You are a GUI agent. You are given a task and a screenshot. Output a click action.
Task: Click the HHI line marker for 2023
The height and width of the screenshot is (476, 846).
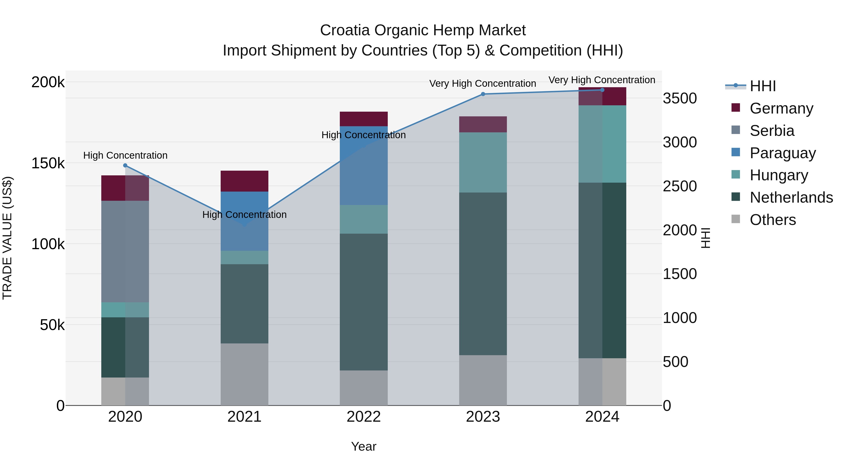tap(483, 94)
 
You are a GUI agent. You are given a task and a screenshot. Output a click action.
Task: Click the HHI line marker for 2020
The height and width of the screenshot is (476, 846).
tap(125, 165)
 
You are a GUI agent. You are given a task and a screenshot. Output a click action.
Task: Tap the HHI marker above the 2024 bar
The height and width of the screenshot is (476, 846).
tap(602, 90)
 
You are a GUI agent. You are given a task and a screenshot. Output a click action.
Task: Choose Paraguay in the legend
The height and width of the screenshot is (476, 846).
tap(782, 153)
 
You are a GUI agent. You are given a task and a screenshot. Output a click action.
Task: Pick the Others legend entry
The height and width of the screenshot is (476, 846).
tap(772, 220)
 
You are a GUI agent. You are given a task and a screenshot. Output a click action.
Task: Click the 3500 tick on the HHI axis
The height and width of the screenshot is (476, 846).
tap(679, 98)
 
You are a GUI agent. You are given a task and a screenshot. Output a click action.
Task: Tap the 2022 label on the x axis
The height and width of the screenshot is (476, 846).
tap(364, 417)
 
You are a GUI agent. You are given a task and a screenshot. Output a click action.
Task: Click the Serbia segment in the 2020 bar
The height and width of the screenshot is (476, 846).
tap(125, 251)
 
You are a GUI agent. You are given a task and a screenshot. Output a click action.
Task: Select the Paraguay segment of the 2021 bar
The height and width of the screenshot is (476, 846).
tap(244, 221)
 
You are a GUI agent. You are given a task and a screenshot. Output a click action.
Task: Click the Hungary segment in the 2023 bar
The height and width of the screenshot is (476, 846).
tap(483, 162)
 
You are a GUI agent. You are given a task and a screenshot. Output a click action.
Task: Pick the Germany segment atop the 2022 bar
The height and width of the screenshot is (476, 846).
tap(364, 119)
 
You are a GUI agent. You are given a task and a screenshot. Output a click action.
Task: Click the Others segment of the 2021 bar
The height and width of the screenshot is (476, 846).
tap(244, 374)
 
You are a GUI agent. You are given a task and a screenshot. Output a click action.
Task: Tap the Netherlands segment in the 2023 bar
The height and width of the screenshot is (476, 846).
tap(483, 273)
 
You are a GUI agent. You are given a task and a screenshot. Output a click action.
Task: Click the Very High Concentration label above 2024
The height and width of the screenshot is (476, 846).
tap(602, 80)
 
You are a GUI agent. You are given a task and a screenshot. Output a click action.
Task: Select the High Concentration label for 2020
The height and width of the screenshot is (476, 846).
tap(125, 155)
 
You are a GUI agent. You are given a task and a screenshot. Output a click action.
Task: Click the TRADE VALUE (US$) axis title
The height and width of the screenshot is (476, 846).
tap(7, 238)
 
